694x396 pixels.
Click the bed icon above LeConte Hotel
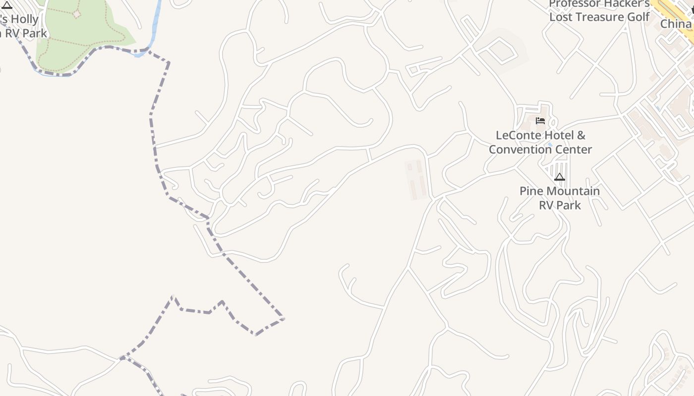(x=540, y=120)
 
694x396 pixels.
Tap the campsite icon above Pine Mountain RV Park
(x=560, y=177)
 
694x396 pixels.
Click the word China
(x=676, y=24)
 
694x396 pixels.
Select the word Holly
(x=24, y=20)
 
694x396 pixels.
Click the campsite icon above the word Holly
(x=7, y=5)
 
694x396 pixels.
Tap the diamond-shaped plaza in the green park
(x=77, y=14)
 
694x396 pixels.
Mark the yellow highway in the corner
(x=677, y=15)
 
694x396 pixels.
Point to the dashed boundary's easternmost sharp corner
(x=284, y=318)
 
